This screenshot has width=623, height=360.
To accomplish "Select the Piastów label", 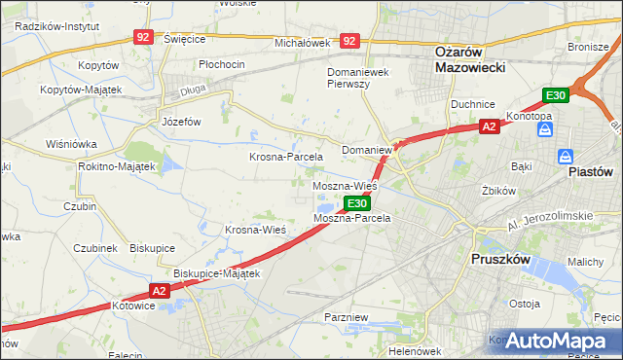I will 590,170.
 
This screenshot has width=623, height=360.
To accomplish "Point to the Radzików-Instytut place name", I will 57,26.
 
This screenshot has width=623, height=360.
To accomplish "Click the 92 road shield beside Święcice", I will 143,36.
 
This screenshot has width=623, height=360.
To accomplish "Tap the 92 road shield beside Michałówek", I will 350,41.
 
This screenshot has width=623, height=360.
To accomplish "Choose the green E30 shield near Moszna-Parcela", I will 357,203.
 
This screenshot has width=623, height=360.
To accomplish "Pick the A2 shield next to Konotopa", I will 490,126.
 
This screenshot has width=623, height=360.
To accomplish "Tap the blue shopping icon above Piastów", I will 566,156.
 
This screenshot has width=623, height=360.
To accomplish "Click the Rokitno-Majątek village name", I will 117,166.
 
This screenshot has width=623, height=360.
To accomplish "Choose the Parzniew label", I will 346,318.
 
